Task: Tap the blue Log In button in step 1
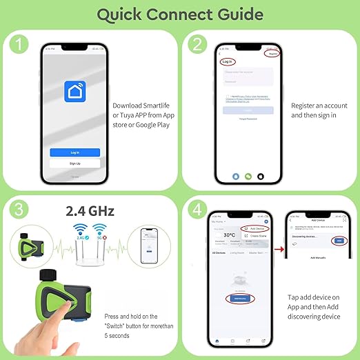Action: click(74, 152)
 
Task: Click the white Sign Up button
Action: click(74, 163)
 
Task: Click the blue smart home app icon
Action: click(74, 91)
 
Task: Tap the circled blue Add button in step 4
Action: click(337, 241)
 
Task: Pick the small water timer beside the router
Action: click(31, 242)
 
